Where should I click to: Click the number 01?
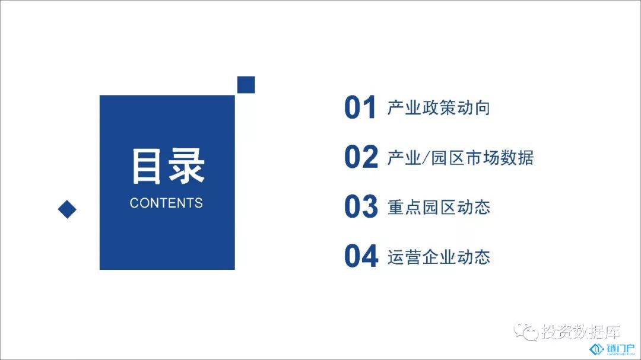coord(360,107)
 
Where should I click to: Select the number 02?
coord(361,157)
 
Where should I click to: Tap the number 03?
coord(361,206)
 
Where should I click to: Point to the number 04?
coord(361,256)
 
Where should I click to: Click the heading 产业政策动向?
coord(439,108)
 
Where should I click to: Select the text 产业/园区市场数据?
coord(461,158)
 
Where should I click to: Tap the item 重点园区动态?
coord(439,208)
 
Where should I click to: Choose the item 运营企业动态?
coord(439,257)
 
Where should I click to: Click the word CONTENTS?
coord(166,203)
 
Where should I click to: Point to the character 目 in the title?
coord(147,166)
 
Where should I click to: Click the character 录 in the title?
coord(186,166)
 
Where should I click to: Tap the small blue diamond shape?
coord(67,209)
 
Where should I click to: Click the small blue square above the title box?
coord(246,85)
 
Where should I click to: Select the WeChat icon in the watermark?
coord(526,331)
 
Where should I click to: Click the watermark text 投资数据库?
coord(580,332)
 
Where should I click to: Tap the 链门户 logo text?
coord(621,349)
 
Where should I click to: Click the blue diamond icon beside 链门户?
coord(597,349)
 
